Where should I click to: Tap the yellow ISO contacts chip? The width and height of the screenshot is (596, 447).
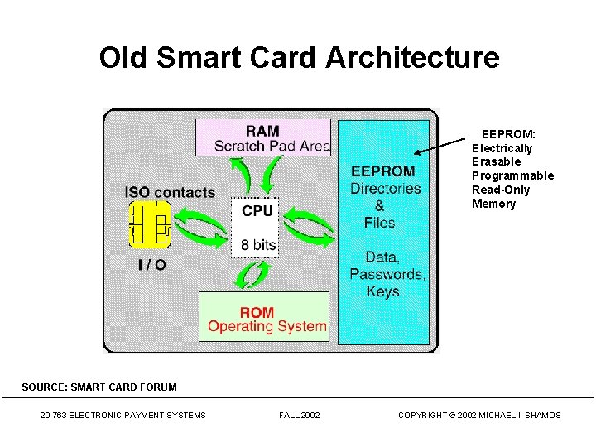click(150, 224)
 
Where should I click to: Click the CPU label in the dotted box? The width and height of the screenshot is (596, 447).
click(257, 211)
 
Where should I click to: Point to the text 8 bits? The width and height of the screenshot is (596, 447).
click(258, 245)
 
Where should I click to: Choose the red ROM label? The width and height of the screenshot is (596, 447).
click(257, 312)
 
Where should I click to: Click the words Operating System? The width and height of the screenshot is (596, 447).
click(267, 326)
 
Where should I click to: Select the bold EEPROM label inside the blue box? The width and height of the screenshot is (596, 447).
click(382, 171)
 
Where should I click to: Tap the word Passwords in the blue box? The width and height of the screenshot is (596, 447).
click(386, 274)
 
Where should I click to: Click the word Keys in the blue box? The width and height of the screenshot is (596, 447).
click(382, 291)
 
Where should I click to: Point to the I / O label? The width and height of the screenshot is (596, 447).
click(151, 265)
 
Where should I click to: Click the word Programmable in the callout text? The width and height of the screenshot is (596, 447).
click(512, 175)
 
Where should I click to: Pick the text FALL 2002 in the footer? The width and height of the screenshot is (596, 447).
click(300, 415)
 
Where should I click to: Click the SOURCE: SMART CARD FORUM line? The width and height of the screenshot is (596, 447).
click(99, 387)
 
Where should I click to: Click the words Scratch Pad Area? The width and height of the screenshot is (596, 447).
click(272, 147)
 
